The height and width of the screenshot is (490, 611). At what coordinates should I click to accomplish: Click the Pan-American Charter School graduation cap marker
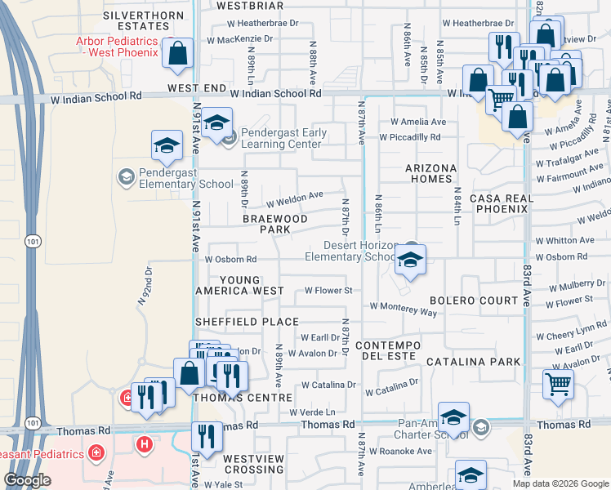(x=453, y=418)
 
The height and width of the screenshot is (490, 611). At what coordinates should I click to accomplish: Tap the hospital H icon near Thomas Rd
(x=145, y=443)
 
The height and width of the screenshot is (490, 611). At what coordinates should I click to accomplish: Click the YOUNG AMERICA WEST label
(x=239, y=285)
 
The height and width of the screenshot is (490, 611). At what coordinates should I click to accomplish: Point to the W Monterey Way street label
(x=404, y=307)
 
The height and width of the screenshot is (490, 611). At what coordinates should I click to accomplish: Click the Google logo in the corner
(x=26, y=480)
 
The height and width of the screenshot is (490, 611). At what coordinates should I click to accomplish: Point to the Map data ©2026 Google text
(x=560, y=483)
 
